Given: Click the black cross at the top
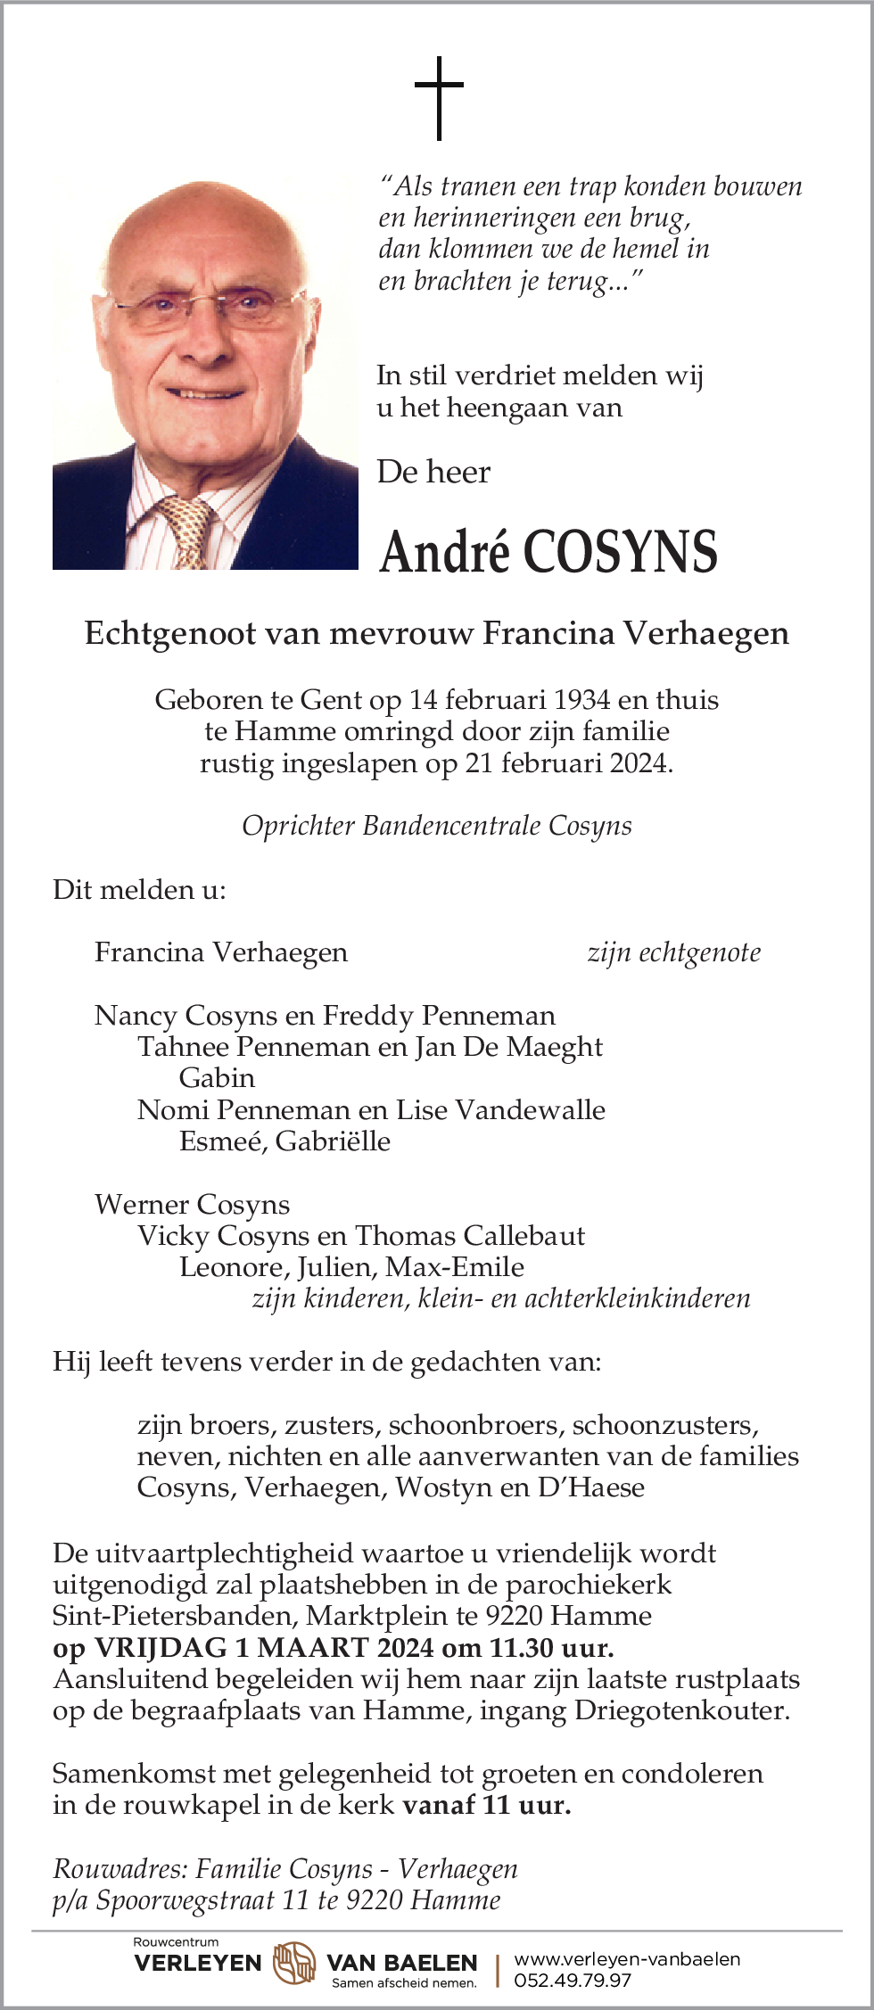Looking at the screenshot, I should (439, 97).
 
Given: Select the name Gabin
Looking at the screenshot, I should (217, 1078).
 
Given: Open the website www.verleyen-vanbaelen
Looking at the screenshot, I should (627, 1958).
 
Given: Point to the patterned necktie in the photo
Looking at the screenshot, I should (190, 530).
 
